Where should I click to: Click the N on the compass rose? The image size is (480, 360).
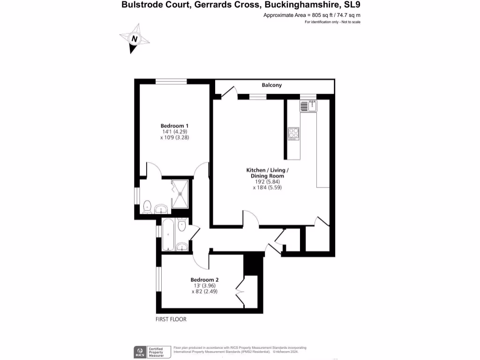pyautogui.click(x=135, y=39)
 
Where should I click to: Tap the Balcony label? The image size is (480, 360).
pyautogui.click(x=272, y=85)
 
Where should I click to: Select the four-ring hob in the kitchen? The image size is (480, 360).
pyautogui.click(x=293, y=134)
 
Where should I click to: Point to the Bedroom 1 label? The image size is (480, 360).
pyautogui.click(x=174, y=126)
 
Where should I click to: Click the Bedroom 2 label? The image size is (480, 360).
pyautogui.click(x=204, y=280)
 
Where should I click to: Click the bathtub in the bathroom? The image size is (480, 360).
pyautogui.click(x=168, y=234)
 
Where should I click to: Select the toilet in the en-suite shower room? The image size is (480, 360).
pyautogui.click(x=147, y=205)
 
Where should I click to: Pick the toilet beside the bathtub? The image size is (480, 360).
pyautogui.click(x=182, y=225)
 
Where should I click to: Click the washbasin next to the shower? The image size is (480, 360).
pyautogui.click(x=161, y=208)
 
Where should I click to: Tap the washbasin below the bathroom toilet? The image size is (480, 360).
pyautogui.click(x=182, y=247)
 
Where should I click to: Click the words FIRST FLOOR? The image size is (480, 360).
pyautogui.click(x=171, y=320)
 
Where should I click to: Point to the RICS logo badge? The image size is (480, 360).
pyautogui.click(x=139, y=351)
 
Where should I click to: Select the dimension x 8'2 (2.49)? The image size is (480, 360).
pyautogui.click(x=204, y=291)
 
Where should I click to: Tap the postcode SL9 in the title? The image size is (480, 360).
pyautogui.click(x=352, y=5)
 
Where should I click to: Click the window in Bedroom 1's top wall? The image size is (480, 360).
pyautogui.click(x=171, y=82)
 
